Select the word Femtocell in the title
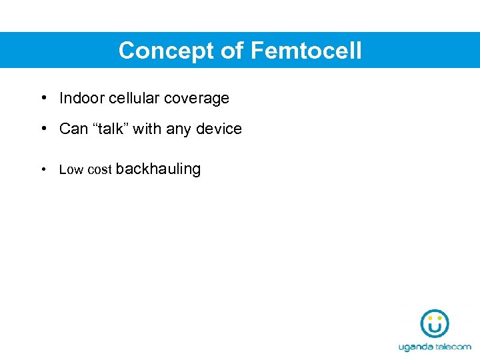point(306,51)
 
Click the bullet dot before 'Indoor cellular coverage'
point(43,98)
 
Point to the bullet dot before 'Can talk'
point(43,129)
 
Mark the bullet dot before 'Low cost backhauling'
point(43,169)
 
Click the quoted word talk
point(110,129)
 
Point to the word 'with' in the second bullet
point(147,129)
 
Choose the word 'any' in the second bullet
point(179,129)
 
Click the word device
point(219,129)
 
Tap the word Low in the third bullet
point(71,170)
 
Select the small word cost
point(99,170)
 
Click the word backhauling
point(158,169)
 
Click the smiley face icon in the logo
point(435,324)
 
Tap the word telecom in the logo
point(453,347)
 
